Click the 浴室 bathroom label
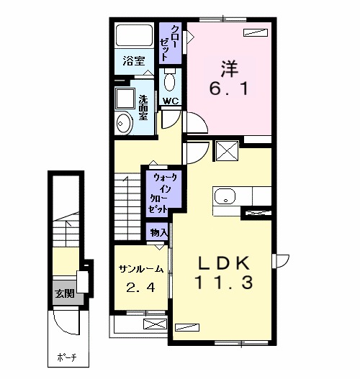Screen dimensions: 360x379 [x=134, y=60]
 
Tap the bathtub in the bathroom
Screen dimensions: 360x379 [x=134, y=35]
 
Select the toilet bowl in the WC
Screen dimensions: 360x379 [x=170, y=81]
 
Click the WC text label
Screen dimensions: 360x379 [x=171, y=101]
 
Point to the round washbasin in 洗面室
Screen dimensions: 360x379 [x=125, y=124]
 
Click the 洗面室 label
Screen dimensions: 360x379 [x=143, y=108]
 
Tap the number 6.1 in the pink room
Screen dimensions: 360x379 [x=229, y=88]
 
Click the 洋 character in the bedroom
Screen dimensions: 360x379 [x=230, y=68]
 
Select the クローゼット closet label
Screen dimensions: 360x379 [x=169, y=43]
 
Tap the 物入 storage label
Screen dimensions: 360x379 [x=158, y=233]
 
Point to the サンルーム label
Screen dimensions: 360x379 [x=141, y=269]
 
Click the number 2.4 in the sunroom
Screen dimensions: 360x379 [x=141, y=288]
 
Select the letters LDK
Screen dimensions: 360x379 [x=224, y=263]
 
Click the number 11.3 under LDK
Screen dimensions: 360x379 [x=224, y=283]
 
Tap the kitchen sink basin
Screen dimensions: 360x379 [x=225, y=196]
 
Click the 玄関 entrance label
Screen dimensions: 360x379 [x=65, y=293]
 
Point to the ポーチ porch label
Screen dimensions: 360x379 [x=67, y=357]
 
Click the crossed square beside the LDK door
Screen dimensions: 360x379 [x=228, y=151]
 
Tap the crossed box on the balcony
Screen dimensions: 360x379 [x=155, y=324]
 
